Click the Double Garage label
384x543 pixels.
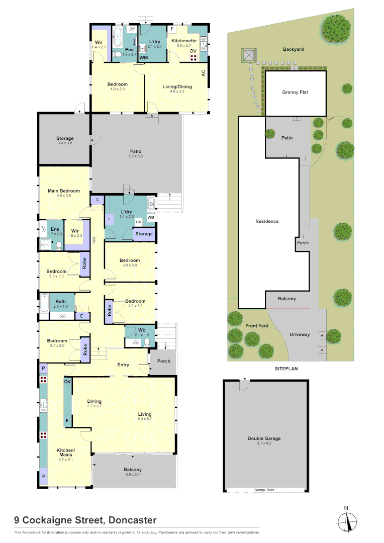(x=264, y=438)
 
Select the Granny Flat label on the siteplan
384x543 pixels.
(x=295, y=93)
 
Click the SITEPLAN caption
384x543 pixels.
(x=286, y=369)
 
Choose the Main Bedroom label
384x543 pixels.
(x=64, y=191)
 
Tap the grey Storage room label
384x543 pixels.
(x=64, y=138)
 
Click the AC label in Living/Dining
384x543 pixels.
(x=204, y=72)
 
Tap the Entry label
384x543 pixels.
(x=123, y=365)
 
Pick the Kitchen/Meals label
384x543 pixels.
(x=66, y=452)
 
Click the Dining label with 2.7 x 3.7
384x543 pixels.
(x=94, y=401)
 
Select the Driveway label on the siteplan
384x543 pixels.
(x=300, y=334)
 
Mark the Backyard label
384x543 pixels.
(x=294, y=49)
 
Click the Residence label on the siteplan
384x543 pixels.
(x=266, y=221)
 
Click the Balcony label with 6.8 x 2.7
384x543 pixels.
(x=133, y=470)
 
